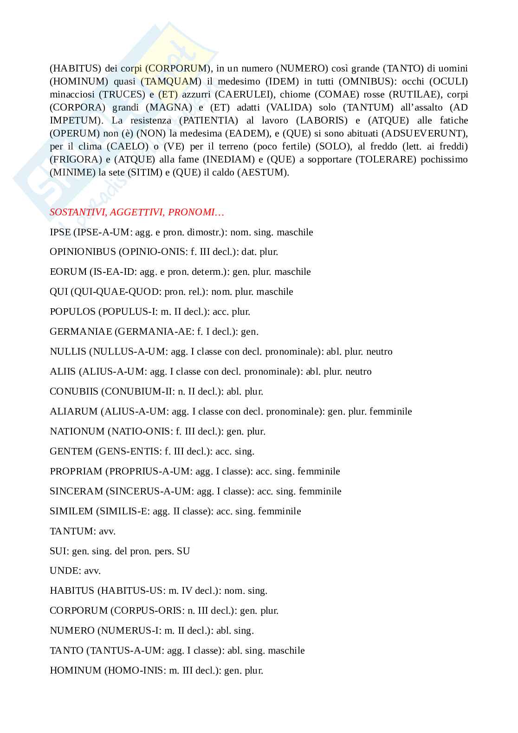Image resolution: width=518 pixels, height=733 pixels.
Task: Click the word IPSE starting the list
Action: [x=60, y=232]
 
